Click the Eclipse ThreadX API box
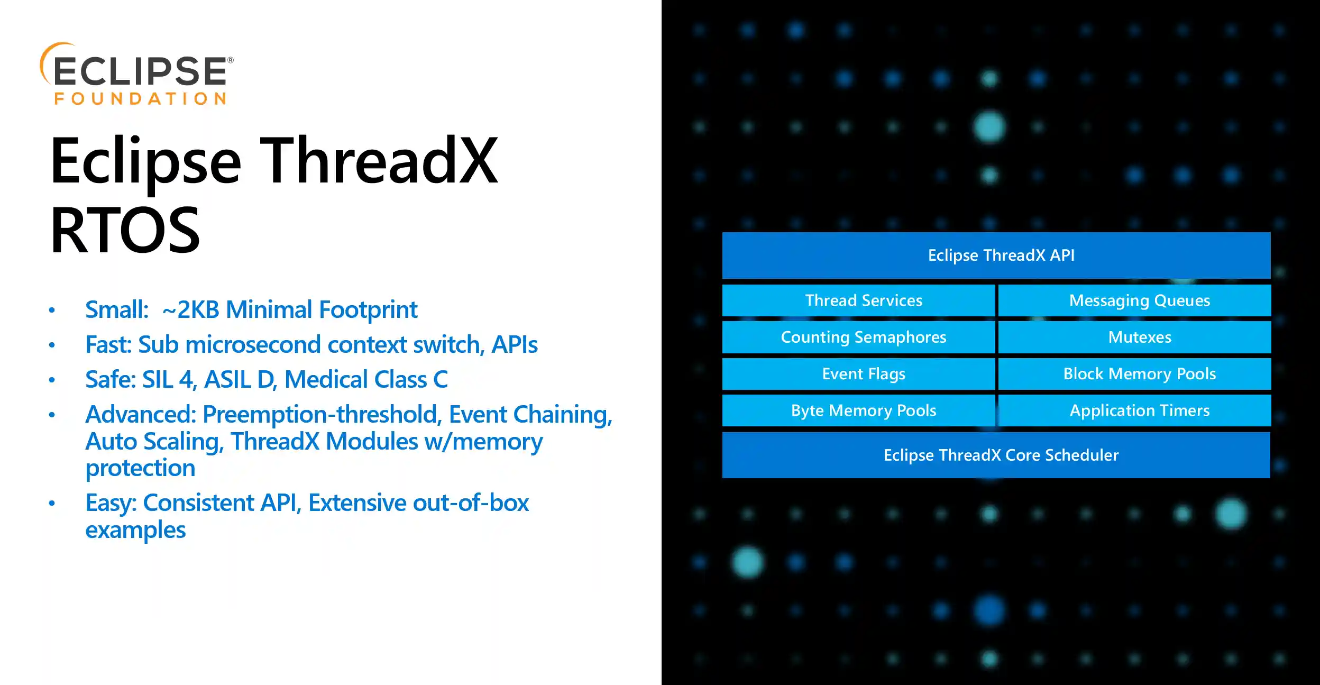tap(996, 255)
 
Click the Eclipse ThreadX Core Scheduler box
tap(996, 455)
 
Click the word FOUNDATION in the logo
tap(140, 99)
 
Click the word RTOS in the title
tap(125, 231)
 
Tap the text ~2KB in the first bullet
tap(190, 310)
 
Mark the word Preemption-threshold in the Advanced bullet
tap(322, 414)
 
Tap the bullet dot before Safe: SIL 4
tap(52, 380)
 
